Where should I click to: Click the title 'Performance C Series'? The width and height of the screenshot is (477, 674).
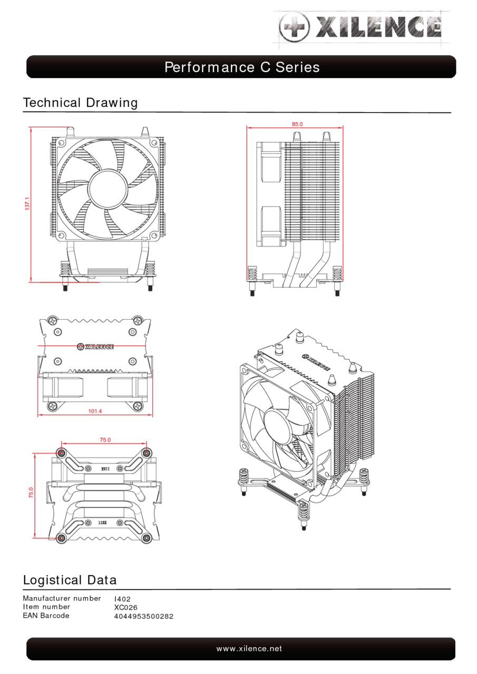[x=242, y=67]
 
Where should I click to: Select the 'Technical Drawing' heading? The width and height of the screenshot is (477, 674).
[x=80, y=102]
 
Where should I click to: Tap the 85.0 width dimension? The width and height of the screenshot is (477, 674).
[x=297, y=124]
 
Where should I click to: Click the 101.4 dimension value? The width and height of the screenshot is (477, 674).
[x=95, y=411]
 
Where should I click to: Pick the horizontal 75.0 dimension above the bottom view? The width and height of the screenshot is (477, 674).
[x=105, y=440]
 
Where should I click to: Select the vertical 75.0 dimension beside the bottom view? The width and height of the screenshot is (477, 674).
[x=31, y=493]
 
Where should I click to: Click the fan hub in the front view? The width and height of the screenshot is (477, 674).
[x=108, y=187]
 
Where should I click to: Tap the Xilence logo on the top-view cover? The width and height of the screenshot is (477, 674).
[x=95, y=346]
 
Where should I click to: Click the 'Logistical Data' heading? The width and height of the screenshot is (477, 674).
[x=70, y=580]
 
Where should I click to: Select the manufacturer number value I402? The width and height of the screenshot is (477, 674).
[x=122, y=599]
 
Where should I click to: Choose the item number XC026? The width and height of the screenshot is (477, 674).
[x=126, y=608]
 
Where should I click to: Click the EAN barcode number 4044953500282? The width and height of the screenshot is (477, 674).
[x=144, y=616]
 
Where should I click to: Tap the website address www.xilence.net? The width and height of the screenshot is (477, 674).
[x=249, y=649]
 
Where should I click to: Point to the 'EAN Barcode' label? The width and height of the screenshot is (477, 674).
[x=46, y=616]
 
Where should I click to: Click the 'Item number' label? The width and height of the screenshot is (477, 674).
[x=46, y=607]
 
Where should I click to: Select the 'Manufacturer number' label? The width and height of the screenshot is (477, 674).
[x=62, y=599]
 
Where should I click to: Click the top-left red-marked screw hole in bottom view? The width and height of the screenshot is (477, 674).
[x=62, y=452]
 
